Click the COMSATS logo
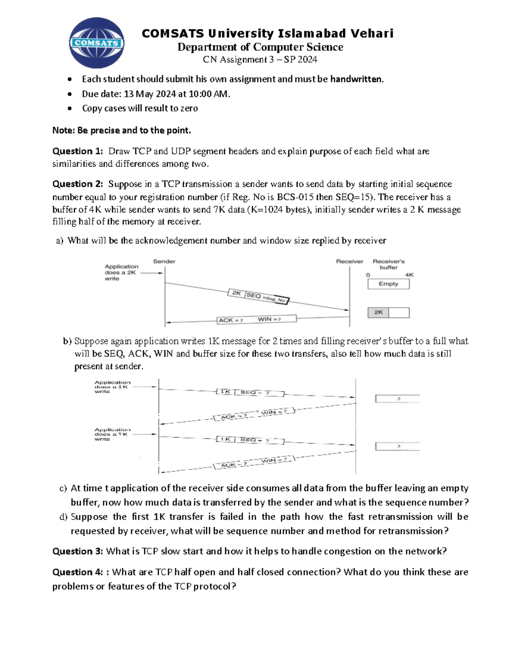pos(97,43)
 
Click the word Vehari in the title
pos(371,33)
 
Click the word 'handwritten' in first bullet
pos(356,79)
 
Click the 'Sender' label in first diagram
pos(164,261)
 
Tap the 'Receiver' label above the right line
pos(349,261)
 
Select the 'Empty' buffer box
pos(388,284)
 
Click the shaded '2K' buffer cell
pos(378,313)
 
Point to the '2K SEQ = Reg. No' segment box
pos(258,297)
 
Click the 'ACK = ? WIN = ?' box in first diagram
pos(256,320)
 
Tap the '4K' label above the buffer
pos(409,275)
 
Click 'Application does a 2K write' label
pos(121,272)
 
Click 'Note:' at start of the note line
pos(63,130)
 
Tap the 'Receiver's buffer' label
pos(388,264)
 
